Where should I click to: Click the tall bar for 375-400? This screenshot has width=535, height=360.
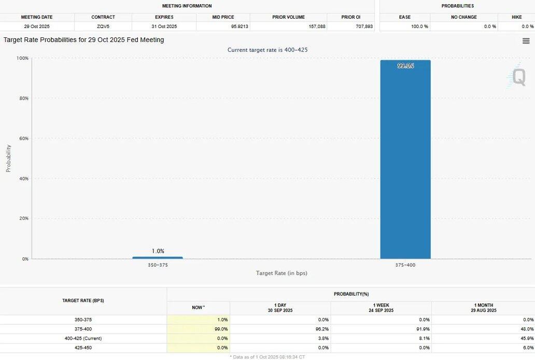pyautogui.click(x=405, y=161)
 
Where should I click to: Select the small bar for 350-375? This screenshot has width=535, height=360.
pyautogui.click(x=158, y=257)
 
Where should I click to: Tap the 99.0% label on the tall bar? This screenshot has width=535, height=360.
pyautogui.click(x=405, y=66)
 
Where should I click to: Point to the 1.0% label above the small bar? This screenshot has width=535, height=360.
pyautogui.click(x=158, y=251)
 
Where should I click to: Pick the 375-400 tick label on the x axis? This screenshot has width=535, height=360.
pyautogui.click(x=405, y=265)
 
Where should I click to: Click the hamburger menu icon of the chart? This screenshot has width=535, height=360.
pyautogui.click(x=526, y=41)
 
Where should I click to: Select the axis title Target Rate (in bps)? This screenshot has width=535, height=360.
pyautogui.click(x=281, y=273)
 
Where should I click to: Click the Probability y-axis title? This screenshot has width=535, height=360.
pyautogui.click(x=8, y=158)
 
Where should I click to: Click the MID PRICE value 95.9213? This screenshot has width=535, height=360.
pyautogui.click(x=223, y=26)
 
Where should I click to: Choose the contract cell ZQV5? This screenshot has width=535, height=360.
pyautogui.click(x=103, y=26)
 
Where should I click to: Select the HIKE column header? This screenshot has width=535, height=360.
pyautogui.click(x=516, y=17)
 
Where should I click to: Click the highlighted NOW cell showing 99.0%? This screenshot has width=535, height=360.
pyautogui.click(x=199, y=329)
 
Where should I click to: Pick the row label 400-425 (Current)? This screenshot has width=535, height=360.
pyautogui.click(x=83, y=338)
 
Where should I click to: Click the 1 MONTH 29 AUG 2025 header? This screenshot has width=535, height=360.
pyautogui.click(x=483, y=308)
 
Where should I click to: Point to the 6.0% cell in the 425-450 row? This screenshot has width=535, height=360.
pyautogui.click(x=528, y=348)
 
